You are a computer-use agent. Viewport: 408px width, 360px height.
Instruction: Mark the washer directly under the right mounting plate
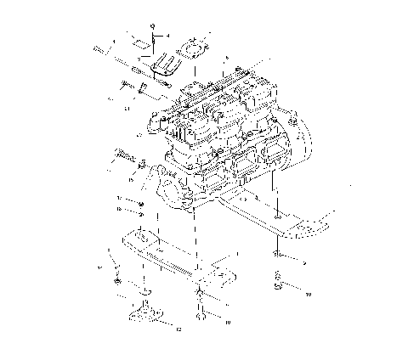pos(279,253)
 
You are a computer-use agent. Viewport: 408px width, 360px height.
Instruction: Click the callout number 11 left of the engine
pos(127,108)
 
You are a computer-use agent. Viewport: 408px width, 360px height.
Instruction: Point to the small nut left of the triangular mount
pos(116,279)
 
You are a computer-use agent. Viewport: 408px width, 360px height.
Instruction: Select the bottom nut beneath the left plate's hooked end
pos(201,318)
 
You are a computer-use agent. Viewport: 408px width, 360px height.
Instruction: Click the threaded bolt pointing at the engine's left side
pos(124,157)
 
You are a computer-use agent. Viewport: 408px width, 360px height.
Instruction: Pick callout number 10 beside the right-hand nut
pos(308,293)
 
